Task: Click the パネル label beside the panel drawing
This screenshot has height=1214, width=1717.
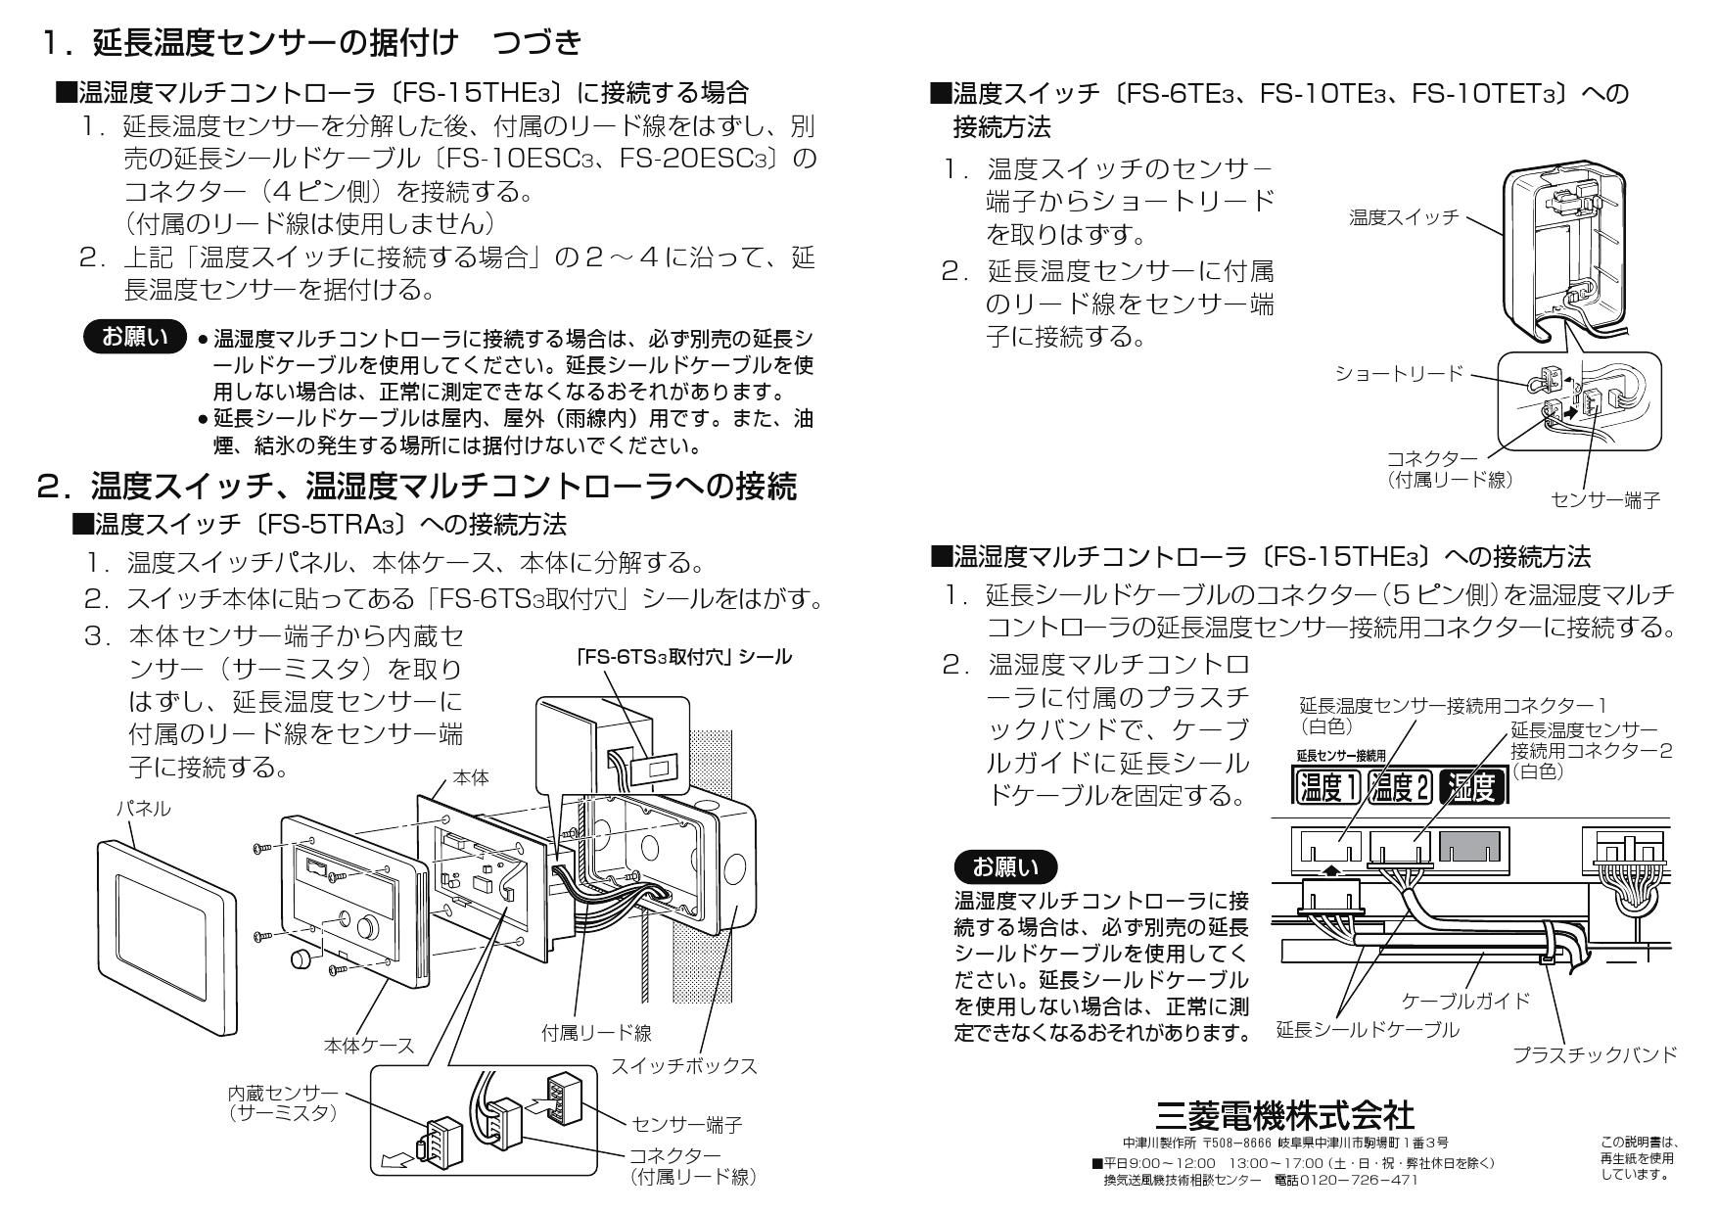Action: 143,808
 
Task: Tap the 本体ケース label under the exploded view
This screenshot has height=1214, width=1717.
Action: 369,1046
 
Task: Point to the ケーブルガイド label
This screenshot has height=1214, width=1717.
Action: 1465,1001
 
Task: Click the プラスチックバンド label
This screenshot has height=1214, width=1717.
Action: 1595,1054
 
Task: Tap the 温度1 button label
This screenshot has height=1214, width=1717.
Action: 1328,786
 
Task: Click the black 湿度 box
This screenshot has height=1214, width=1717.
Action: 1472,786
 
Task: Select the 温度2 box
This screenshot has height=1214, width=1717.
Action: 1401,786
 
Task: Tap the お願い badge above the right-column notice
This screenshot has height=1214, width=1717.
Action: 1005,866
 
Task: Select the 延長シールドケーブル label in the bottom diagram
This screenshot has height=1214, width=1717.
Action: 1367,1030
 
